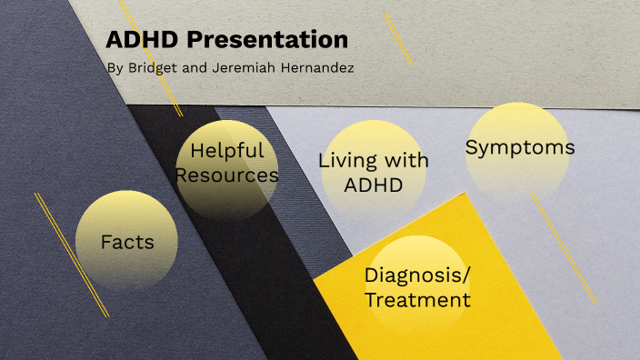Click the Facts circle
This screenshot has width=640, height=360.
click(126, 242)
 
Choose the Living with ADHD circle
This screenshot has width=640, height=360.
click(373, 173)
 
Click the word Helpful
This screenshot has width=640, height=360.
click(227, 150)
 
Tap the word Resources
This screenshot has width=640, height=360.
click(227, 174)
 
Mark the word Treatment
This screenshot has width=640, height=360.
click(417, 299)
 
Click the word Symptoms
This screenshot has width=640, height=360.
click(520, 147)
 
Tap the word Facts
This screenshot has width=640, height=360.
click(126, 243)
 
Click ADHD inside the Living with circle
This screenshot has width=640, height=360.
click(373, 185)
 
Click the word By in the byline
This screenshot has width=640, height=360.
click(113, 69)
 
